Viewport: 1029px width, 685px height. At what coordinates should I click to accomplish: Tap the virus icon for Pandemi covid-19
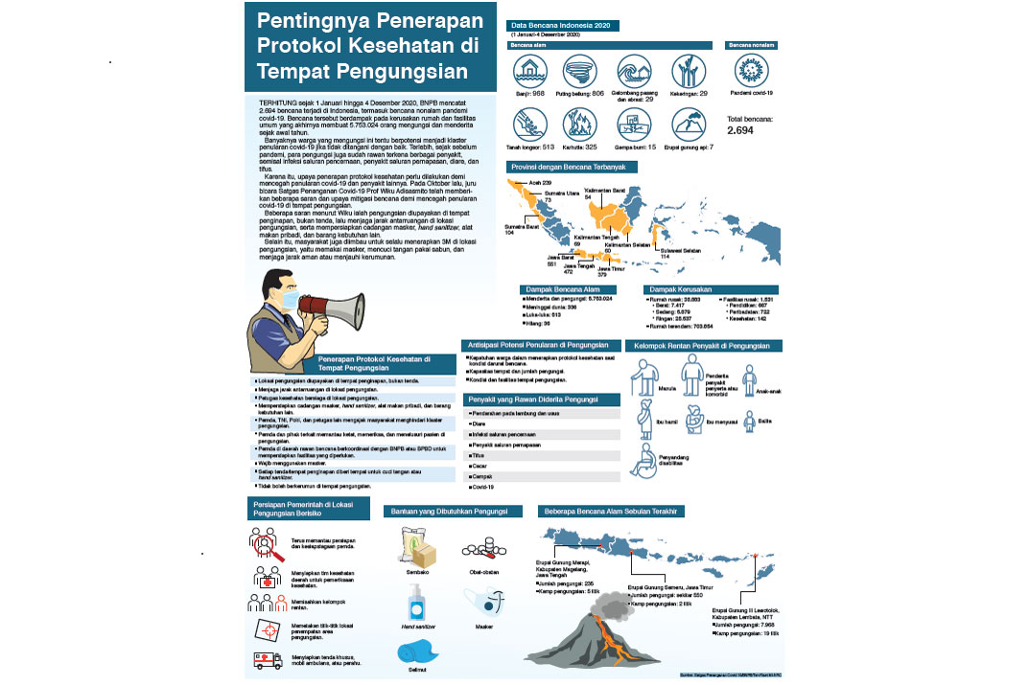[751, 70]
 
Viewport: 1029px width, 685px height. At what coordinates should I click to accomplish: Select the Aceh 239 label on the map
[527, 182]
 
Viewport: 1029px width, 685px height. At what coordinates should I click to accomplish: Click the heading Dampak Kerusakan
[679, 288]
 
